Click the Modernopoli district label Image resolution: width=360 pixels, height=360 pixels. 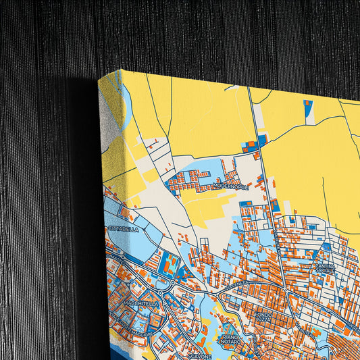pos(230,185)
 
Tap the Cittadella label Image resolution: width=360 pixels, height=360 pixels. pos(123,229)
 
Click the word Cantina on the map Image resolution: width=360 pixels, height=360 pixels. pos(323,265)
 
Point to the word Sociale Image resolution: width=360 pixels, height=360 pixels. pos(324,272)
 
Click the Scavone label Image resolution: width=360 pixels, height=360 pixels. pos(200,355)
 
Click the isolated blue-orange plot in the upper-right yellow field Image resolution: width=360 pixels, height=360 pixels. pos(309,111)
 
